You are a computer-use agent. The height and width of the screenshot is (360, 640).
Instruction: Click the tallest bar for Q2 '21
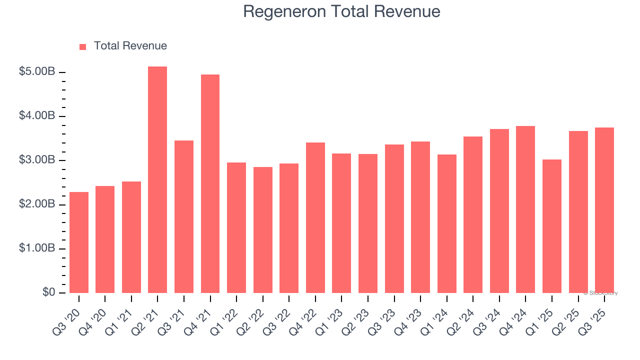click(157, 180)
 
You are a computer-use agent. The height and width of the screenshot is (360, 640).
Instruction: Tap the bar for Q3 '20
click(79, 242)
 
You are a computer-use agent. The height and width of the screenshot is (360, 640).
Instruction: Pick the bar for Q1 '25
click(552, 226)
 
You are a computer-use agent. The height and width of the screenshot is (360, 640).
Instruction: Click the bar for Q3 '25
click(604, 210)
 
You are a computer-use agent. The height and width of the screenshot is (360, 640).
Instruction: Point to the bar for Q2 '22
click(263, 230)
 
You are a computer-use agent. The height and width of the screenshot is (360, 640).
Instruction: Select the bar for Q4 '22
click(315, 217)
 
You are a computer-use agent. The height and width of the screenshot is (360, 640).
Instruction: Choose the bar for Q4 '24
click(525, 209)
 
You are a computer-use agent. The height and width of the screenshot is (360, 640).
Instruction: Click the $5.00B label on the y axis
click(37, 72)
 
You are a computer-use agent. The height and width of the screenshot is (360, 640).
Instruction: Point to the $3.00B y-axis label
click(37, 160)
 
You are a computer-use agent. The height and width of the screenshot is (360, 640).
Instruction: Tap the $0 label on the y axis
click(48, 292)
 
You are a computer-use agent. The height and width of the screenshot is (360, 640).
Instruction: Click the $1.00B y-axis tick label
click(37, 248)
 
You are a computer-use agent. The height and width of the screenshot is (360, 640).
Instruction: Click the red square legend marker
click(83, 47)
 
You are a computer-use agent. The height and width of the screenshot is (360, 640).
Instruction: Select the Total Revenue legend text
click(130, 46)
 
